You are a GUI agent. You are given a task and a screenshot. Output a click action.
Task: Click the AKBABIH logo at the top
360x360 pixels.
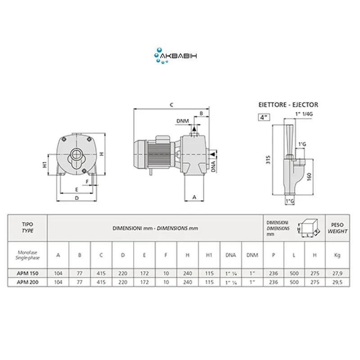tap(175, 55)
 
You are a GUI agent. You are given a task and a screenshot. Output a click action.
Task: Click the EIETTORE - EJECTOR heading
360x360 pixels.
tap(288, 105)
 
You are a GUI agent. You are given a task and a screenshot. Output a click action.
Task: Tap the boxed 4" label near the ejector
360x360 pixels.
tap(264, 117)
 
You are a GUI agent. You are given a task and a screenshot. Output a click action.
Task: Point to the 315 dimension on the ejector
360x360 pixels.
tap(268, 160)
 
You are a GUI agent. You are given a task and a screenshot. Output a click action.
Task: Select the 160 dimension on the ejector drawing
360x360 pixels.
tap(309, 176)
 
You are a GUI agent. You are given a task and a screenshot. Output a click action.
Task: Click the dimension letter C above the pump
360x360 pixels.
tap(171, 105)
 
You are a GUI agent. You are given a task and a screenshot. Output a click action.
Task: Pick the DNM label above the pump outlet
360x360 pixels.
tap(183, 121)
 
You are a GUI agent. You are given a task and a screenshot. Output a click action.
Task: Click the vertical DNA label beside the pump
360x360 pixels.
tap(213, 166)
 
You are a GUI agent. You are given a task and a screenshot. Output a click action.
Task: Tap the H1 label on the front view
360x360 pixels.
tap(45, 164)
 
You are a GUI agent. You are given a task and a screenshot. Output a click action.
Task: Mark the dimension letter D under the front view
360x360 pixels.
tap(76, 198)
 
